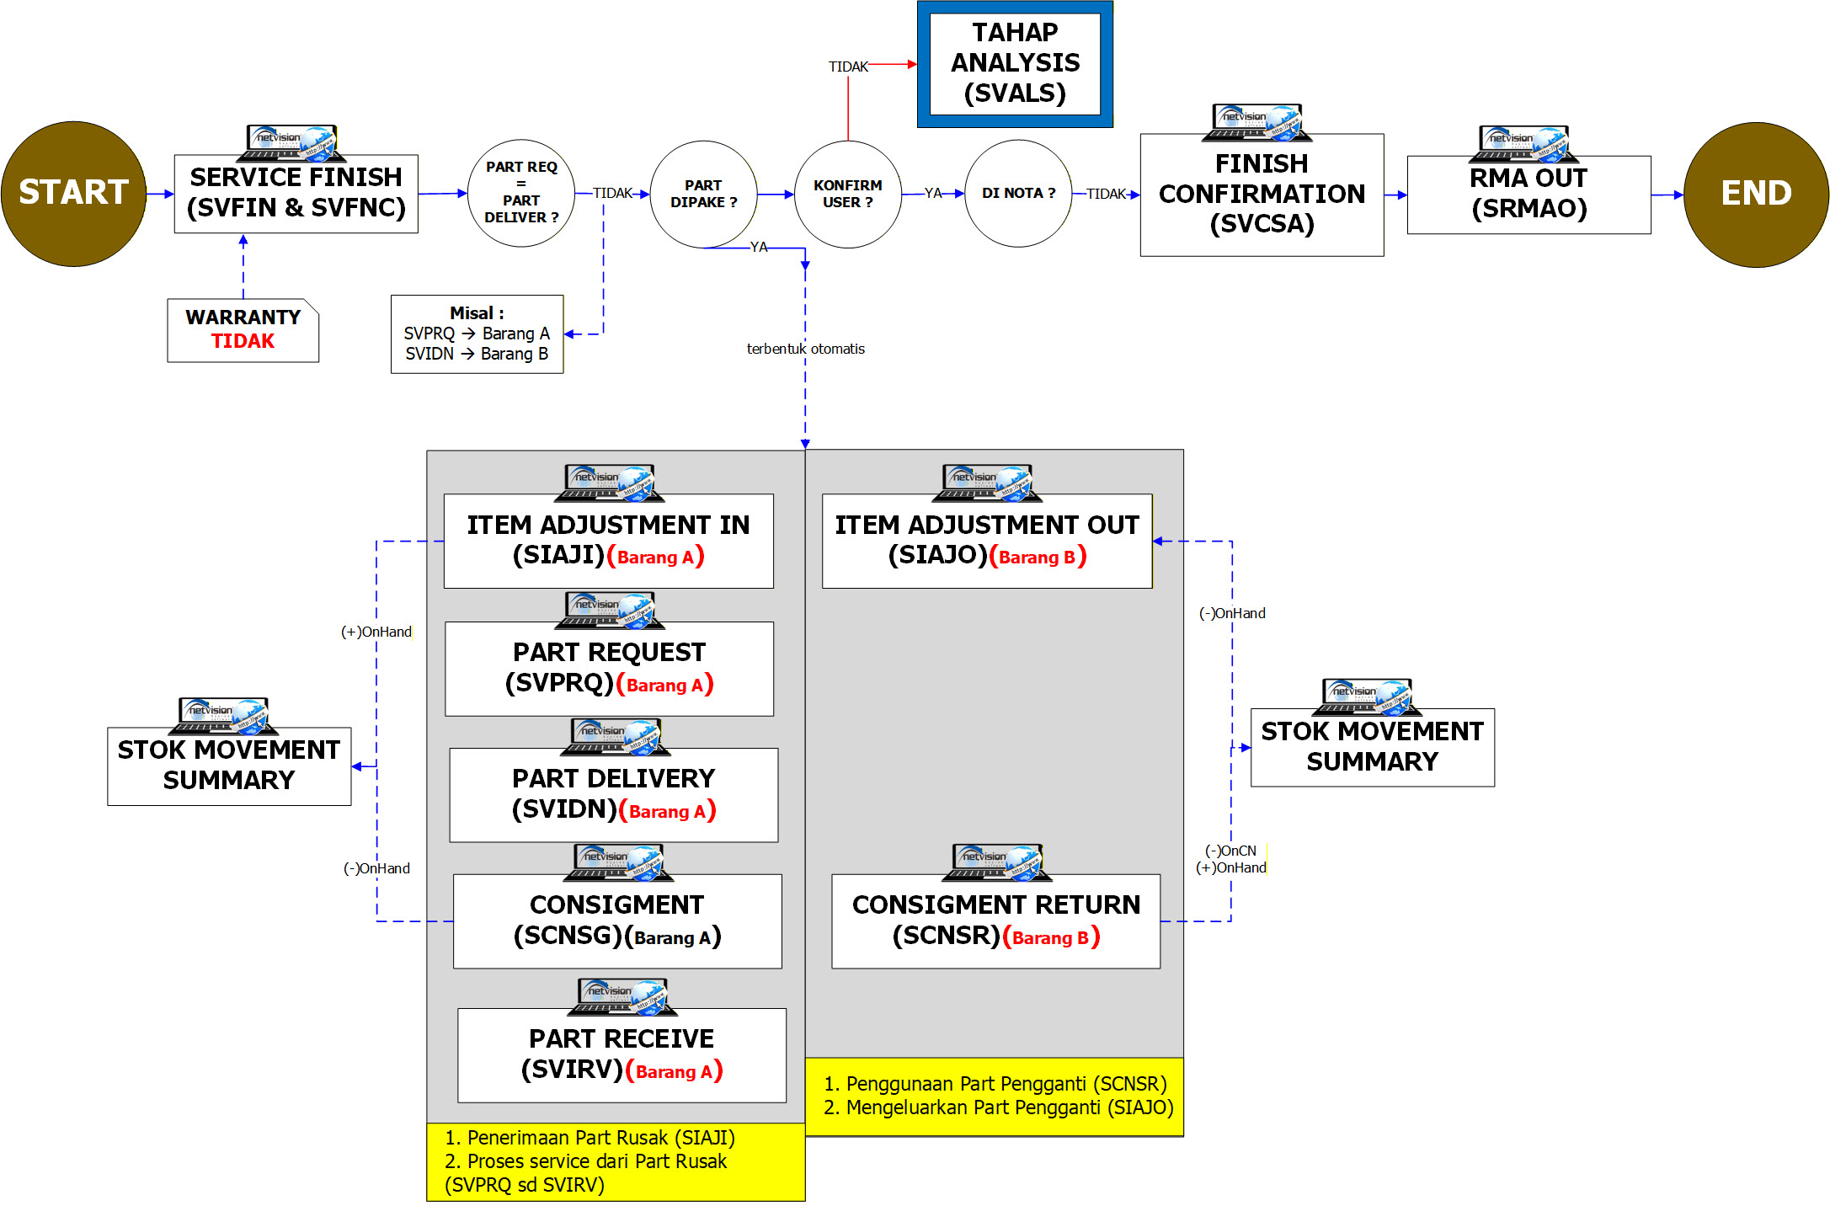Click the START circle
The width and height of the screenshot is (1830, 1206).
coord(74,194)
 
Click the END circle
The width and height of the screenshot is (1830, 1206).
coord(1755,194)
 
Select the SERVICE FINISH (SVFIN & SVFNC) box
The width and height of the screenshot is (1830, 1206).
coord(296,194)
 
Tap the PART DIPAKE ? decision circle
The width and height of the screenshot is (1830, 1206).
coord(703,194)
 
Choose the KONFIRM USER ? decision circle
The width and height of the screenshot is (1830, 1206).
coord(847,194)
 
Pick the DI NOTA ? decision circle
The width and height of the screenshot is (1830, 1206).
coord(1017,194)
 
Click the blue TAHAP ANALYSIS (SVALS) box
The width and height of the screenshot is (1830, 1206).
coord(1015,64)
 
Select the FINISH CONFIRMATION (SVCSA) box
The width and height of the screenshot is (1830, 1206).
coord(1261,195)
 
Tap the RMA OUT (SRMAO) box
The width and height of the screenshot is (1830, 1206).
coord(1528,195)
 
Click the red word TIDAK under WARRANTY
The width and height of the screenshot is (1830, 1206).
coord(243,341)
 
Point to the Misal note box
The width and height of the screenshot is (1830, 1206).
coord(477,334)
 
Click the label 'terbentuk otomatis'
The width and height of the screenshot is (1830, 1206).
coord(805,349)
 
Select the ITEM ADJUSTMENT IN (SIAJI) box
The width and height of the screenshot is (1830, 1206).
coord(608,541)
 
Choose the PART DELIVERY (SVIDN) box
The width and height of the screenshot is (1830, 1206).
coord(613,794)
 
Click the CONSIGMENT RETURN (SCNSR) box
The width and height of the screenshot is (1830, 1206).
coord(995,921)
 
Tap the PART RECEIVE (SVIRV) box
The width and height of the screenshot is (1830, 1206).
coord(622,1054)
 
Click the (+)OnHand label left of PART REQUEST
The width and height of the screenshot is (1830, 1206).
coord(376,632)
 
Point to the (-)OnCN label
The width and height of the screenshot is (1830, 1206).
coord(1230,851)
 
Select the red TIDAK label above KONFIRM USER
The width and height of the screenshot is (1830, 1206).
coord(847,67)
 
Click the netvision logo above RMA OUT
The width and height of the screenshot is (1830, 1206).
coord(1523,143)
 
